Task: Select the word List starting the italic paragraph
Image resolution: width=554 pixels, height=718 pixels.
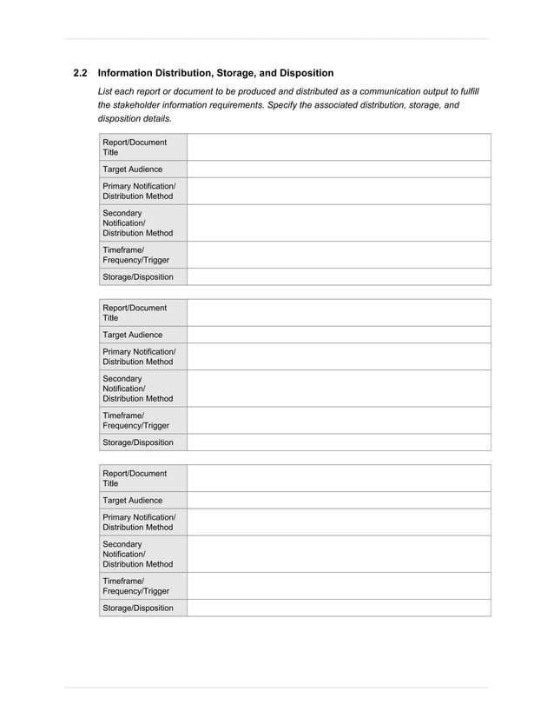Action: pos(106,91)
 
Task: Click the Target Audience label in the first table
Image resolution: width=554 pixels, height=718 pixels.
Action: pos(132,170)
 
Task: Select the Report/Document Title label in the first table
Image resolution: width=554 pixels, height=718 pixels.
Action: pos(134,147)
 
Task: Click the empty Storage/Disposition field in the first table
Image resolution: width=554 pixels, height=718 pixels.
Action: pos(339,277)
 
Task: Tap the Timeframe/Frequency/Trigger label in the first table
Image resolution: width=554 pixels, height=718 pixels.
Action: pos(135,255)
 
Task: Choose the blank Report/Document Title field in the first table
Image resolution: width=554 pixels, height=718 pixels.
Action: pos(339,147)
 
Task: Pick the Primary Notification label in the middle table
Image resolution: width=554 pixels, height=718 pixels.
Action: pos(139,356)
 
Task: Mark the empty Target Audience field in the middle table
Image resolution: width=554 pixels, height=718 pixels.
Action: pos(339,335)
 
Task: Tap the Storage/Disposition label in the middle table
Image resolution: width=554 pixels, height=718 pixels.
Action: pos(137,442)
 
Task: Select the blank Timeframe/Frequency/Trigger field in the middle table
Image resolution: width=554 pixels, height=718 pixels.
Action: pos(339,421)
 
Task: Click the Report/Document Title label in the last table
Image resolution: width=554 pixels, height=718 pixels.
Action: pos(134,478)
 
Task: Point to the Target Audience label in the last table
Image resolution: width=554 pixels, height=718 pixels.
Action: pos(132,501)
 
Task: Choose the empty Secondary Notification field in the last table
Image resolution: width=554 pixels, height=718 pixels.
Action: pos(339,554)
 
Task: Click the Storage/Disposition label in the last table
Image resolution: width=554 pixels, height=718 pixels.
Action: pos(137,608)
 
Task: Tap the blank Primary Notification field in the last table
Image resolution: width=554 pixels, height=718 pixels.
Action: pos(339,522)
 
